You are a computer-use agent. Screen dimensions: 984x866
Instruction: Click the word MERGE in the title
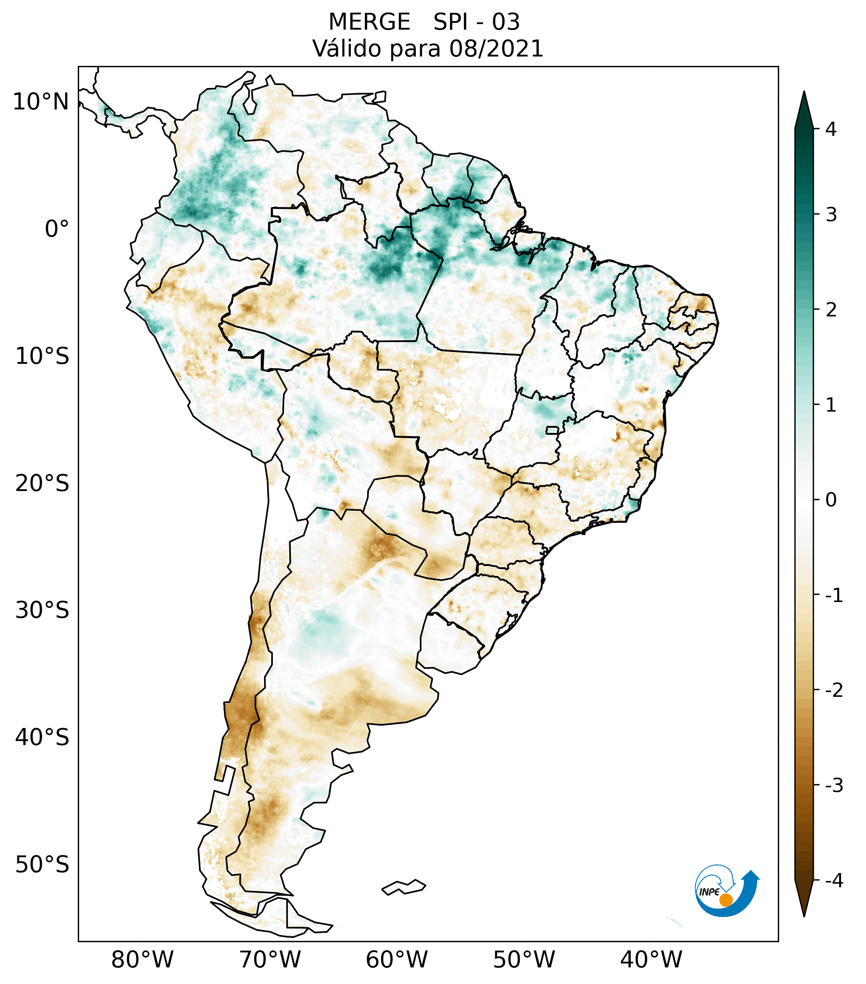(x=370, y=22)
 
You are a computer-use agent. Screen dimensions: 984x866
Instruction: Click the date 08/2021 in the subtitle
(x=496, y=49)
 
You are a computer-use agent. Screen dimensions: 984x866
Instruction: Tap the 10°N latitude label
(x=41, y=102)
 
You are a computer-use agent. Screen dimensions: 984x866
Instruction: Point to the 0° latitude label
(x=57, y=229)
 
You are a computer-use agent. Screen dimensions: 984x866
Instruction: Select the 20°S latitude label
(x=42, y=484)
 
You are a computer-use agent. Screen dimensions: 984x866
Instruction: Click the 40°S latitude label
(x=42, y=738)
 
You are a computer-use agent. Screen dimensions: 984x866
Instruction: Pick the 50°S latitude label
(x=42, y=865)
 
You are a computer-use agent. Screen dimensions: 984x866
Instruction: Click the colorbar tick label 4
(x=831, y=129)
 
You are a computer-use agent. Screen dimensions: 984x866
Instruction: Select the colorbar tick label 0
(x=831, y=500)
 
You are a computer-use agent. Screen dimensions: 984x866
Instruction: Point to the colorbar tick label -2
(x=834, y=690)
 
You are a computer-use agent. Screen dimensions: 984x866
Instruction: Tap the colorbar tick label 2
(x=831, y=310)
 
